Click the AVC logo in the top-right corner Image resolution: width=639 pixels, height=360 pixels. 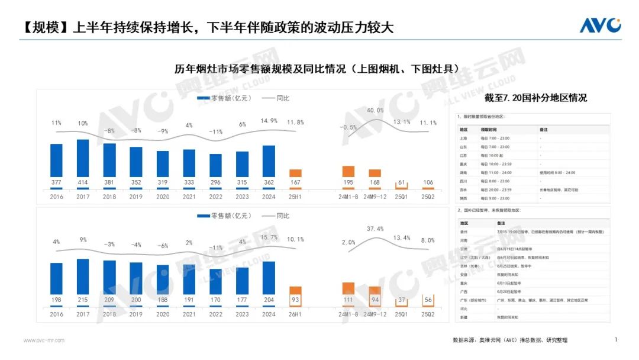coord(600,25)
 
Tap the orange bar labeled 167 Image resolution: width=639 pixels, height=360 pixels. coord(295,173)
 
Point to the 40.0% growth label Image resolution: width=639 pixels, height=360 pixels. coord(375,111)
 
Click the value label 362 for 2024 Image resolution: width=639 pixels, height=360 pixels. coord(269,182)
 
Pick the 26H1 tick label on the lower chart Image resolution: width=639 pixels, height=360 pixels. coord(295,314)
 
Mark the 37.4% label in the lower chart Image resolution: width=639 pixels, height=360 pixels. coord(375,229)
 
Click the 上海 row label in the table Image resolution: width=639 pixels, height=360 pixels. coord(464,138)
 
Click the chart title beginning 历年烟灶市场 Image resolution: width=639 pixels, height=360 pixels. coord(317,69)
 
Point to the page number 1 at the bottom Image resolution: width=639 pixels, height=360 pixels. coord(616,339)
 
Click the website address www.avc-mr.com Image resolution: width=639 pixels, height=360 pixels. coord(44,340)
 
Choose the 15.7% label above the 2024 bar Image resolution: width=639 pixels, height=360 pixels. coord(269,237)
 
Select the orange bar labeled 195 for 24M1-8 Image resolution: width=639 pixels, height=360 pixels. coord(348,171)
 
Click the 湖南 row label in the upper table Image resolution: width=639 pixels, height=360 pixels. coord(464,172)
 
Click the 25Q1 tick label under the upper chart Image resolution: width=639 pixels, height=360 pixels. coord(402,196)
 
